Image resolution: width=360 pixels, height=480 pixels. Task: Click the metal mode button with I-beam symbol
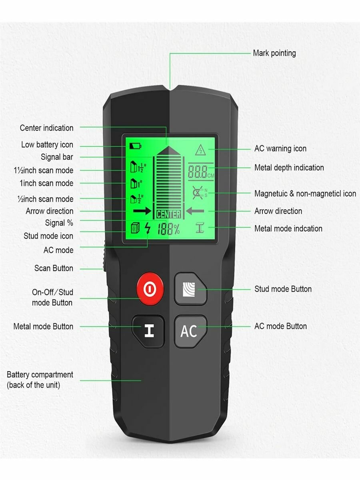tap(148, 331)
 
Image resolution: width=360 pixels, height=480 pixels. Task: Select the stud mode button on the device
tap(190, 289)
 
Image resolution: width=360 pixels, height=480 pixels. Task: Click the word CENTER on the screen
tap(168, 214)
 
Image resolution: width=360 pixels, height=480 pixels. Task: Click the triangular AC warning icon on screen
tap(200, 150)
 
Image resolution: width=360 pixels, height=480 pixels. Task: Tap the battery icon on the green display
tap(135, 145)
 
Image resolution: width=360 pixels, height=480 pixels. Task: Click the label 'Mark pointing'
tap(274, 53)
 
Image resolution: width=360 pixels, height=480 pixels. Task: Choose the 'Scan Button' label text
tap(54, 268)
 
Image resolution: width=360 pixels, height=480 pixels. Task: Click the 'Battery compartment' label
tap(40, 375)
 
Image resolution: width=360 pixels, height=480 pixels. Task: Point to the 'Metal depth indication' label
tap(289, 168)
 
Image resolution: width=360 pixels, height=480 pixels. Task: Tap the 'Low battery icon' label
tap(47, 145)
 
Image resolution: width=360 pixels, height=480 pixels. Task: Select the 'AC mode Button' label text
tap(280, 326)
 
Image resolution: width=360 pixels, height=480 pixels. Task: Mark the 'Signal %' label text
tap(59, 223)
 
